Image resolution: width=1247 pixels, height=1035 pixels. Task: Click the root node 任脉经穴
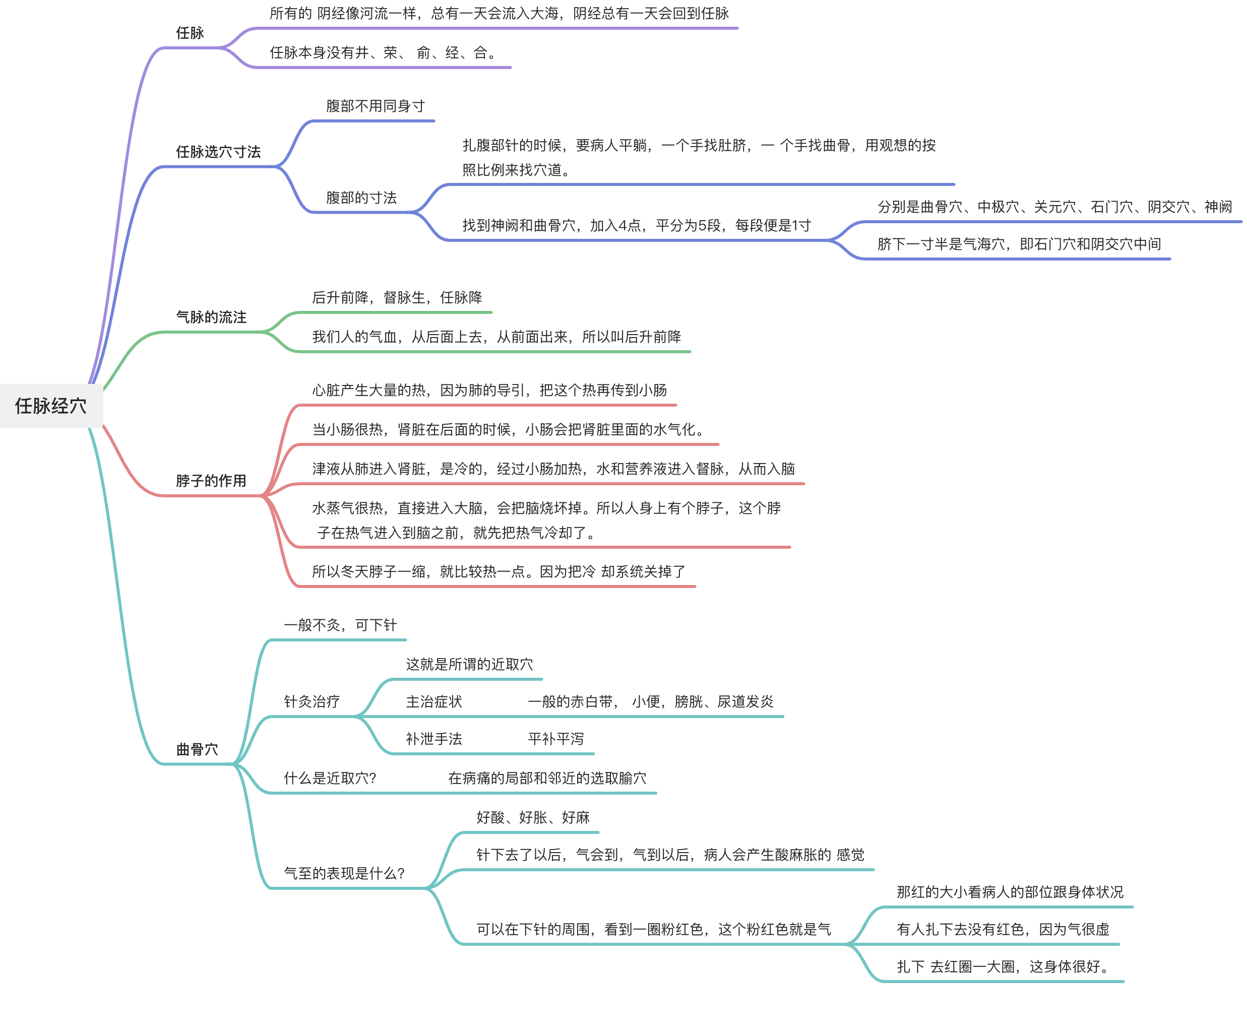(51, 406)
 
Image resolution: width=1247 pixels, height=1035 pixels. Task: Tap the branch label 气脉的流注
(211, 317)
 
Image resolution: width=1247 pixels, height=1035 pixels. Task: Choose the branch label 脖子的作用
(211, 480)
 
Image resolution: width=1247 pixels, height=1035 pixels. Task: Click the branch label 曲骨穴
(197, 749)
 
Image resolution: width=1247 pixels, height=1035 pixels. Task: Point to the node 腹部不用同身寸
(376, 106)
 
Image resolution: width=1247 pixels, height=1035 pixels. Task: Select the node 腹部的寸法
(361, 198)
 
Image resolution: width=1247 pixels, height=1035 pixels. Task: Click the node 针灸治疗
(311, 702)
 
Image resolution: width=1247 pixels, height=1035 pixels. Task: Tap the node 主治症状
(433, 702)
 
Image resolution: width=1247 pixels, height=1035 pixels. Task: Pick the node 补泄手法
(433, 739)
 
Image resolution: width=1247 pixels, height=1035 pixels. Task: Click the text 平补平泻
(556, 739)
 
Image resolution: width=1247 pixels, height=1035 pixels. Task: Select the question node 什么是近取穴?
(330, 779)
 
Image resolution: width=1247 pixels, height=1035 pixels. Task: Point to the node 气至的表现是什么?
(344, 873)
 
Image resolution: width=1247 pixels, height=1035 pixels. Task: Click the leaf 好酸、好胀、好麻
(533, 818)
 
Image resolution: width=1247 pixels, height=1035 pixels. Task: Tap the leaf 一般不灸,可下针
(340, 625)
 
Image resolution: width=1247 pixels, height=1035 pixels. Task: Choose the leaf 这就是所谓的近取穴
(469, 665)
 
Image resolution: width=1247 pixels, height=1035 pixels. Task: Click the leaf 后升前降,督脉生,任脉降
(397, 297)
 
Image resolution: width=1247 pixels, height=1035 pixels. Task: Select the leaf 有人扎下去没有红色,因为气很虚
(1003, 929)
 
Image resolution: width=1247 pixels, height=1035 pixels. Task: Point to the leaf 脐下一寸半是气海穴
(1019, 244)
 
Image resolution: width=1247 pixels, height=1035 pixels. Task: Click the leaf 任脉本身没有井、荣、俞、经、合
(383, 53)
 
